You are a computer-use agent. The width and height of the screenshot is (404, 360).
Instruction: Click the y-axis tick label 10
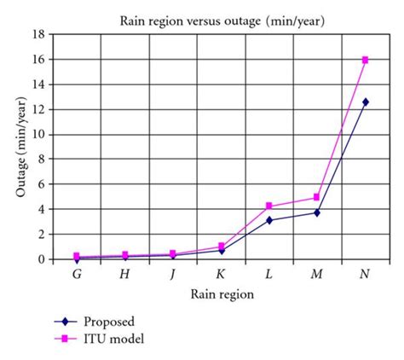click(x=38, y=135)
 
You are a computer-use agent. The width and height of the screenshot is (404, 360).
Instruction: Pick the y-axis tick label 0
click(x=41, y=259)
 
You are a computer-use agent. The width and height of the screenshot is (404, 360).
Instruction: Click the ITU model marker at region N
click(x=366, y=60)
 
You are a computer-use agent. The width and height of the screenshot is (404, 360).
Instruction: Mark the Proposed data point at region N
click(x=366, y=102)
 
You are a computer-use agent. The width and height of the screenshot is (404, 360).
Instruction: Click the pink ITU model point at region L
click(x=268, y=206)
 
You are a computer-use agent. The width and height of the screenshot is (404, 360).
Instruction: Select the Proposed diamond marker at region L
click(x=268, y=220)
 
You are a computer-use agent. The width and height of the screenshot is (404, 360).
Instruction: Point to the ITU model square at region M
click(x=317, y=197)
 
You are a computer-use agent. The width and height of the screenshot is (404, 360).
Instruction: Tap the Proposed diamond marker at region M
click(x=317, y=212)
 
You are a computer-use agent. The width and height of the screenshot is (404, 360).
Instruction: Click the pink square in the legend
click(x=64, y=338)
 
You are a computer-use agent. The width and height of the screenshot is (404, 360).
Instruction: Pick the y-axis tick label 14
click(x=38, y=84)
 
